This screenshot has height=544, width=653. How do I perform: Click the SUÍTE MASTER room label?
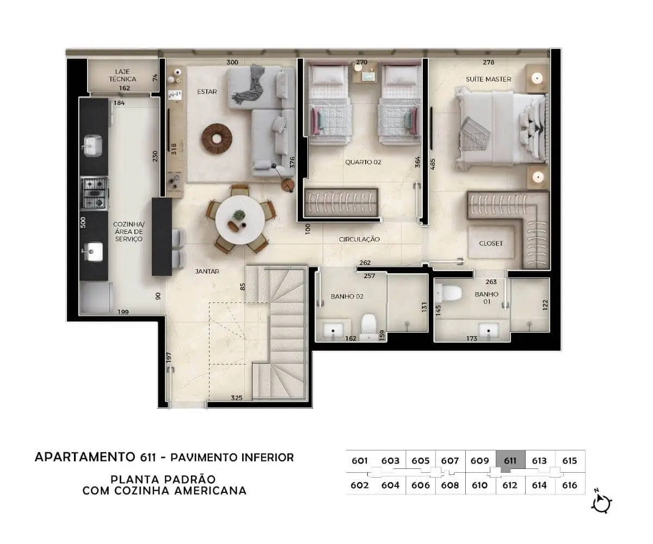click(x=488, y=79)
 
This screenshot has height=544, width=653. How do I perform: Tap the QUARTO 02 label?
click(x=363, y=162)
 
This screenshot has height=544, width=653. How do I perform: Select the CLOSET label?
click(x=491, y=243)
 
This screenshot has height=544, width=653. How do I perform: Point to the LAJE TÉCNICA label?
click(x=122, y=76)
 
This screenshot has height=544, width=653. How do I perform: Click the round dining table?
click(x=240, y=220)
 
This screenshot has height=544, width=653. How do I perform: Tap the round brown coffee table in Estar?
click(x=217, y=139)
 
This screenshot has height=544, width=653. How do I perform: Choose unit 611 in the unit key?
click(x=510, y=461)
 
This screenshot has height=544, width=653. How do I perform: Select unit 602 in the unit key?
click(x=359, y=485)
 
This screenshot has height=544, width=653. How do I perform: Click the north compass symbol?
click(x=601, y=503)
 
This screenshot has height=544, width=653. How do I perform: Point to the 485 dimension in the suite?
click(x=433, y=164)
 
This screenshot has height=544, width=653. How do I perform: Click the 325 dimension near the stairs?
click(x=236, y=398)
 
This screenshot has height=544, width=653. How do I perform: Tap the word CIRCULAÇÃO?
click(x=359, y=239)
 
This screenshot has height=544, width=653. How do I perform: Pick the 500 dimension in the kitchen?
click(x=83, y=222)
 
